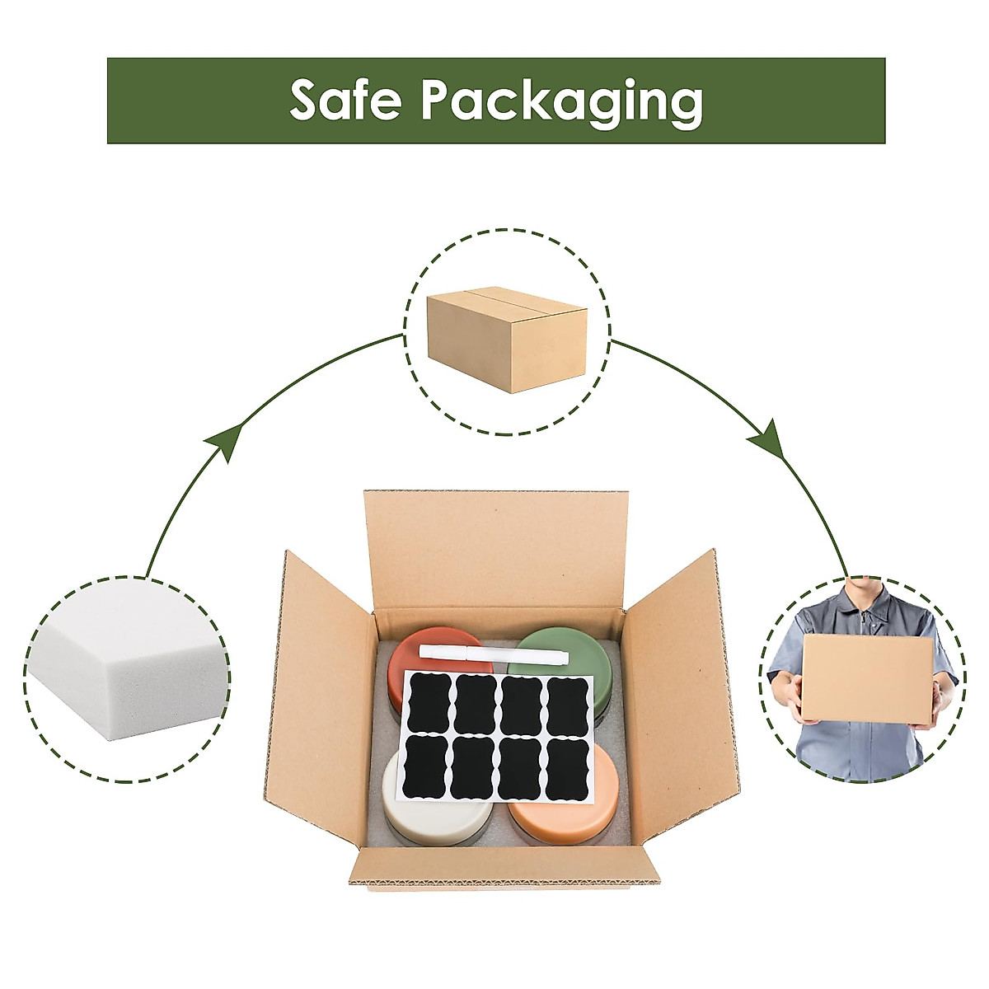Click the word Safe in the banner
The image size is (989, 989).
click(345, 100)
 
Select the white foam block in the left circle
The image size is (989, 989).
click(124, 676)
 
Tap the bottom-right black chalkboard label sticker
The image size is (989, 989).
click(569, 769)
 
